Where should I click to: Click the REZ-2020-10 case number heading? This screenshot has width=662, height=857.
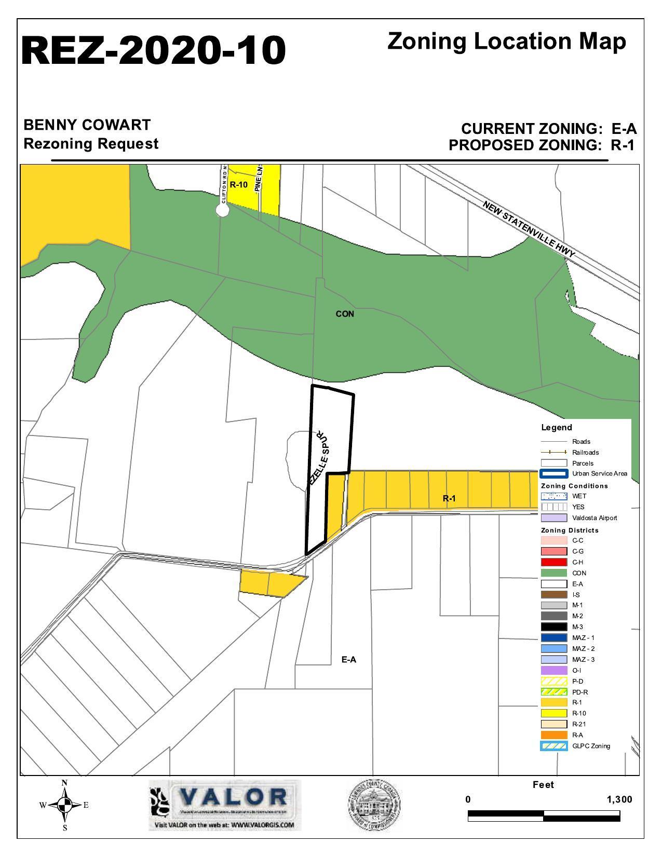coord(153,51)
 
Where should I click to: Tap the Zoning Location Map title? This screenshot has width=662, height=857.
coord(506,42)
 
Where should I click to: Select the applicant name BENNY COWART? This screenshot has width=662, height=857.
coord(87,125)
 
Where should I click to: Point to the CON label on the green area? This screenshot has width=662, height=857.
coord(345,314)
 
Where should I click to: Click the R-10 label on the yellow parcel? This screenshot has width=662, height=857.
coord(238,184)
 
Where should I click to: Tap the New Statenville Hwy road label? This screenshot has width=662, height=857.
coord(529,229)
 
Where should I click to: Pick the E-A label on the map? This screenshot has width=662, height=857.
coord(349,660)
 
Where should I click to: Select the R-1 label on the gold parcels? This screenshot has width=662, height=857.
coord(449,498)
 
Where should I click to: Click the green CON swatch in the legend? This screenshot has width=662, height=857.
coord(553,573)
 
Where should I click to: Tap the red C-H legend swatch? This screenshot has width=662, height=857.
coord(553,562)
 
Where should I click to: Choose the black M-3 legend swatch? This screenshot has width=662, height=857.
coord(553,627)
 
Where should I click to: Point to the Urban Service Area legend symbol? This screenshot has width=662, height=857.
coord(553,473)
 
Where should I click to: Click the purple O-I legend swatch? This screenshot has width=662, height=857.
coord(553,670)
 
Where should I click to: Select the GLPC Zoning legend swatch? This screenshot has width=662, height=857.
coord(553,746)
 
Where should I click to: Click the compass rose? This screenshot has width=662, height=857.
coord(64,805)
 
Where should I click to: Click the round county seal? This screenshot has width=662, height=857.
coord(374,805)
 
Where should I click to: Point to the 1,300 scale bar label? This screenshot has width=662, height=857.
coord(619,799)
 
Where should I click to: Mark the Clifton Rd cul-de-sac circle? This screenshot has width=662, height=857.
coord(223,209)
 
